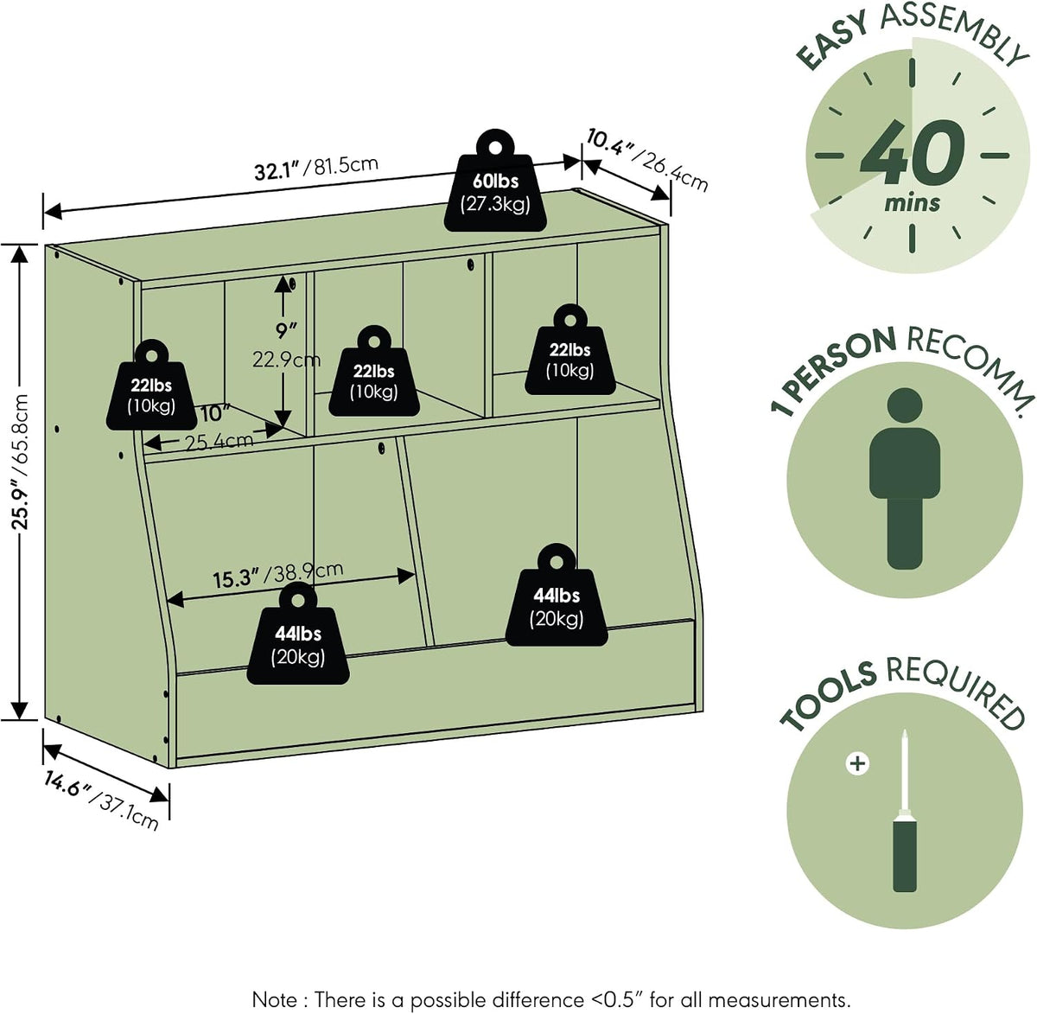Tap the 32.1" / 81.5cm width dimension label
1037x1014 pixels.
tap(316, 168)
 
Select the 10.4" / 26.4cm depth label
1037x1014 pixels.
tap(647, 158)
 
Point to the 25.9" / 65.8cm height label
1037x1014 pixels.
tap(20, 462)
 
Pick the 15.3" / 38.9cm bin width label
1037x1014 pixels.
tap(277, 574)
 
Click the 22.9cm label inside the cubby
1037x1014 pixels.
tap(286, 360)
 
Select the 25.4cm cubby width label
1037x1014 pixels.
tap(219, 441)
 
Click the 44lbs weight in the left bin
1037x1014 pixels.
tap(298, 634)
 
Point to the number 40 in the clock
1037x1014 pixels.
tap(912, 151)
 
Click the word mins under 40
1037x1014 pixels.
tap(912, 203)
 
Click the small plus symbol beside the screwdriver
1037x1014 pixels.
tap(857, 764)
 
